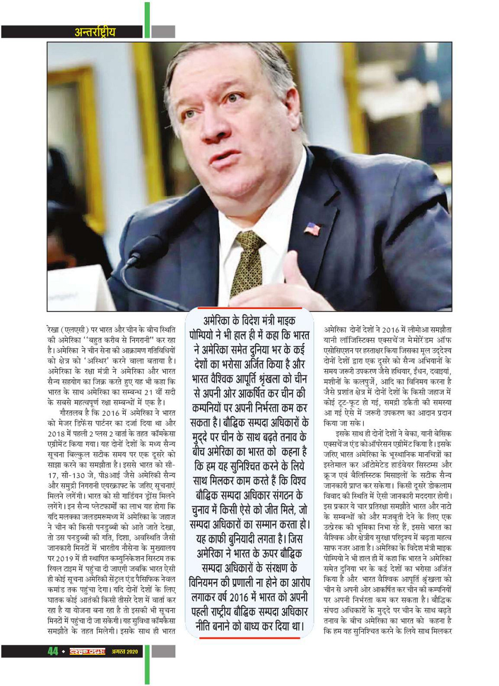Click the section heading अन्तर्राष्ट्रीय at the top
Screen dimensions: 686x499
95,32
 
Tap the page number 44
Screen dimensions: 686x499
53,651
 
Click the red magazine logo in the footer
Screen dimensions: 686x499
88,651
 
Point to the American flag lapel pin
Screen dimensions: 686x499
312,228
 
